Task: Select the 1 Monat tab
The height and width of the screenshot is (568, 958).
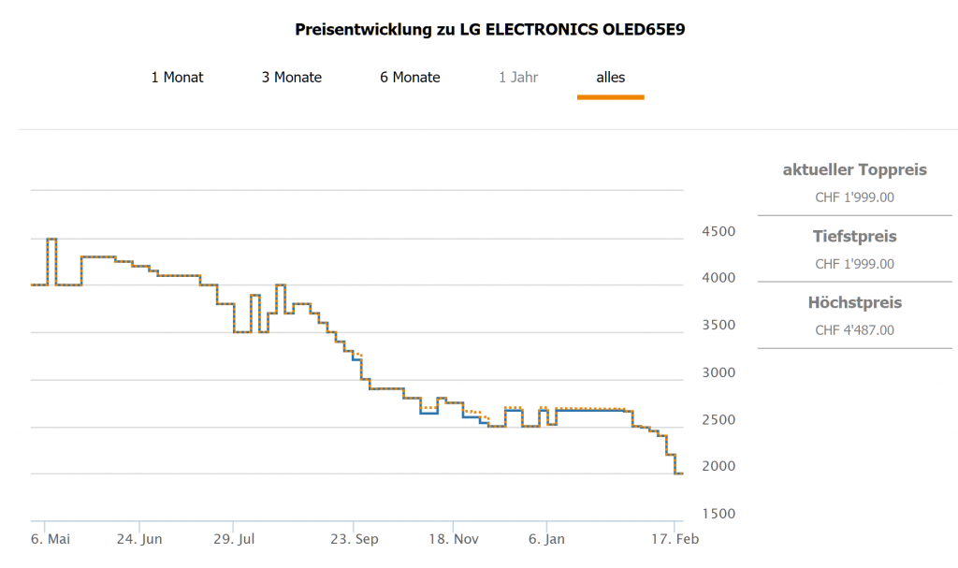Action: (x=177, y=77)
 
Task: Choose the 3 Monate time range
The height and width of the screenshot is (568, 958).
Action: (x=291, y=77)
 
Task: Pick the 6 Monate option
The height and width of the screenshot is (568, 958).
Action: (x=410, y=77)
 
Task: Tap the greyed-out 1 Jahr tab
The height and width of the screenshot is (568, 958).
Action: (x=518, y=77)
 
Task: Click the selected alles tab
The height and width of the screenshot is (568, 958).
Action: (x=611, y=77)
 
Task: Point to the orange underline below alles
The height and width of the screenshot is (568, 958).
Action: (x=611, y=96)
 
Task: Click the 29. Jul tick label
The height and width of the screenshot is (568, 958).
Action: (x=234, y=539)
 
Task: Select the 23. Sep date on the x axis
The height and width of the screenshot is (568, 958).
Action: (x=354, y=539)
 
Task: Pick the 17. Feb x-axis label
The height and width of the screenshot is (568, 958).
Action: (x=675, y=539)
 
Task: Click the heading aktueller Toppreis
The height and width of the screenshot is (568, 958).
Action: (x=854, y=169)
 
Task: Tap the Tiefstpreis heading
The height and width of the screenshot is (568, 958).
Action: (x=854, y=236)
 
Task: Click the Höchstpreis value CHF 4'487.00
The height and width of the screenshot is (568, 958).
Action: (x=854, y=330)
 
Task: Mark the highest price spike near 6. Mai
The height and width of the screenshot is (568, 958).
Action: (x=51, y=240)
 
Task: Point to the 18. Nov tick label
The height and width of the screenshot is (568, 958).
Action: (x=453, y=539)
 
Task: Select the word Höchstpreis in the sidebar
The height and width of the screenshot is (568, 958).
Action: (x=854, y=302)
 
